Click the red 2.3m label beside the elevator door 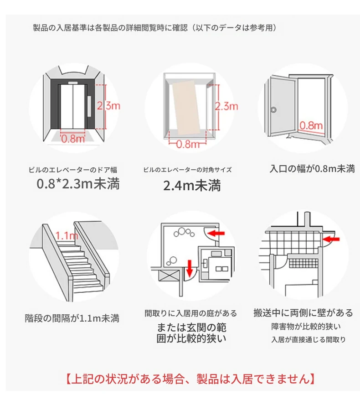click(108, 106)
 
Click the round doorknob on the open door click(273, 109)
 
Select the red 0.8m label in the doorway click(311, 125)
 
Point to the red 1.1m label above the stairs click(67, 236)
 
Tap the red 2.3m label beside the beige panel click(226, 106)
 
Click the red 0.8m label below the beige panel click(188, 144)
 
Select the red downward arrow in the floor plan click(190, 267)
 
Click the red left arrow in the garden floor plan click(217, 233)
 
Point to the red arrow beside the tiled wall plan click(331, 239)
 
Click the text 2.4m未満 click(192, 186)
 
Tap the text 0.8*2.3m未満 click(78, 183)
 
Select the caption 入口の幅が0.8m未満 click(312, 169)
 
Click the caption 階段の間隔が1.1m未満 click(72, 318)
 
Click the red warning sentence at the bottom click(190, 379)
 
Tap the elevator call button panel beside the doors click(89, 106)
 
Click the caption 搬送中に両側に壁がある click(303, 313)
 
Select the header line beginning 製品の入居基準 click(155, 28)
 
